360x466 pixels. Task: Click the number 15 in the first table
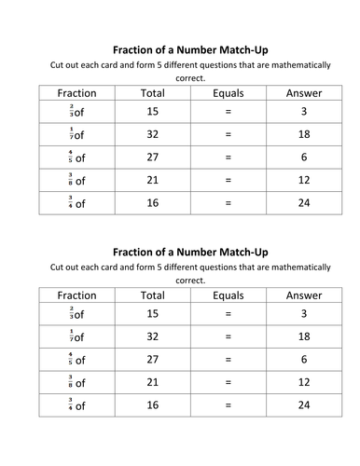tap(152, 111)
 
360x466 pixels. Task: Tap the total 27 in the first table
tap(152, 157)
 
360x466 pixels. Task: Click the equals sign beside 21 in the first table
tap(227, 180)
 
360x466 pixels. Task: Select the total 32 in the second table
tap(152, 336)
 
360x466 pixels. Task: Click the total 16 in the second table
tap(152, 405)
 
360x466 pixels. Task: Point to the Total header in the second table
tap(152, 295)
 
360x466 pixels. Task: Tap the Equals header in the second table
tap(227, 295)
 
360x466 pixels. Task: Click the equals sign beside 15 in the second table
tap(227, 314)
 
